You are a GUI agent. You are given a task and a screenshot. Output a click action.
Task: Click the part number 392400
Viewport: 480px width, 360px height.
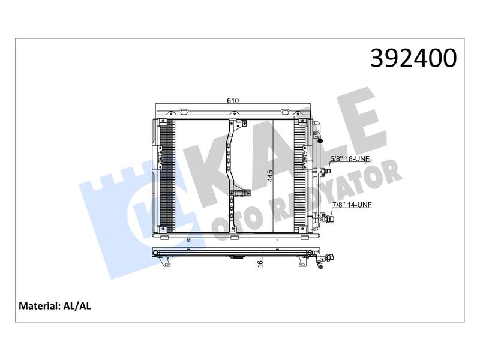tap(413, 58)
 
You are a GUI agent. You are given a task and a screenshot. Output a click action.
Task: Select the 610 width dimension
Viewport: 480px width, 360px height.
tap(233, 100)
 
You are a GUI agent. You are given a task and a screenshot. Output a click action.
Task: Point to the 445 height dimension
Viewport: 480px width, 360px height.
tap(269, 176)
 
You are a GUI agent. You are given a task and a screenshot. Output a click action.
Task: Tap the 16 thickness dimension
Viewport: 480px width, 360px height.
tap(260, 263)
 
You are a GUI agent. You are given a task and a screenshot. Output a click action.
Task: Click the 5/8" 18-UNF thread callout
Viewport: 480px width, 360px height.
tap(350, 159)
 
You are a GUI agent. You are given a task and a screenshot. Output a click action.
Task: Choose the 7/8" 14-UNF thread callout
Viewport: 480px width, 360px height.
tap(352, 205)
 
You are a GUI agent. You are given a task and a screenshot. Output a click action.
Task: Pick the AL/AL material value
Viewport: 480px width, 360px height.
tap(77, 306)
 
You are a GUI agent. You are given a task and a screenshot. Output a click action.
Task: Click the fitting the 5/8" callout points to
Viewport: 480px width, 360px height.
tap(326, 171)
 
